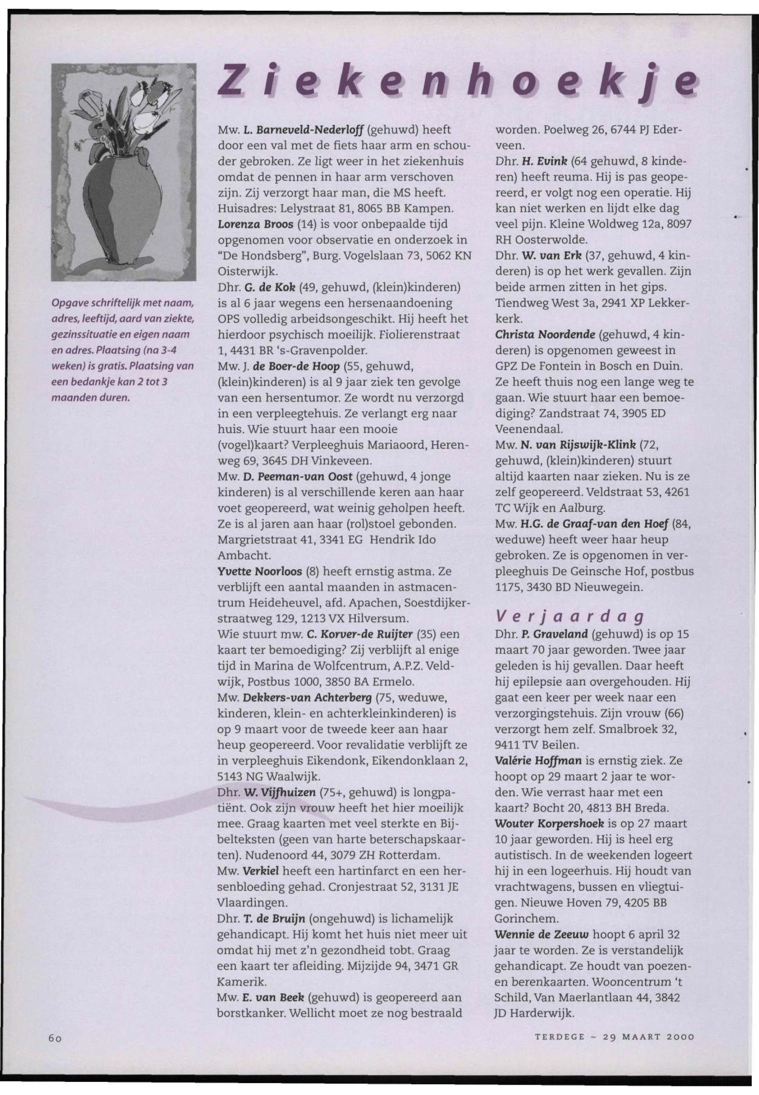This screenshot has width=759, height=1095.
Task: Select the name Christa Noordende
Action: (545, 335)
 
